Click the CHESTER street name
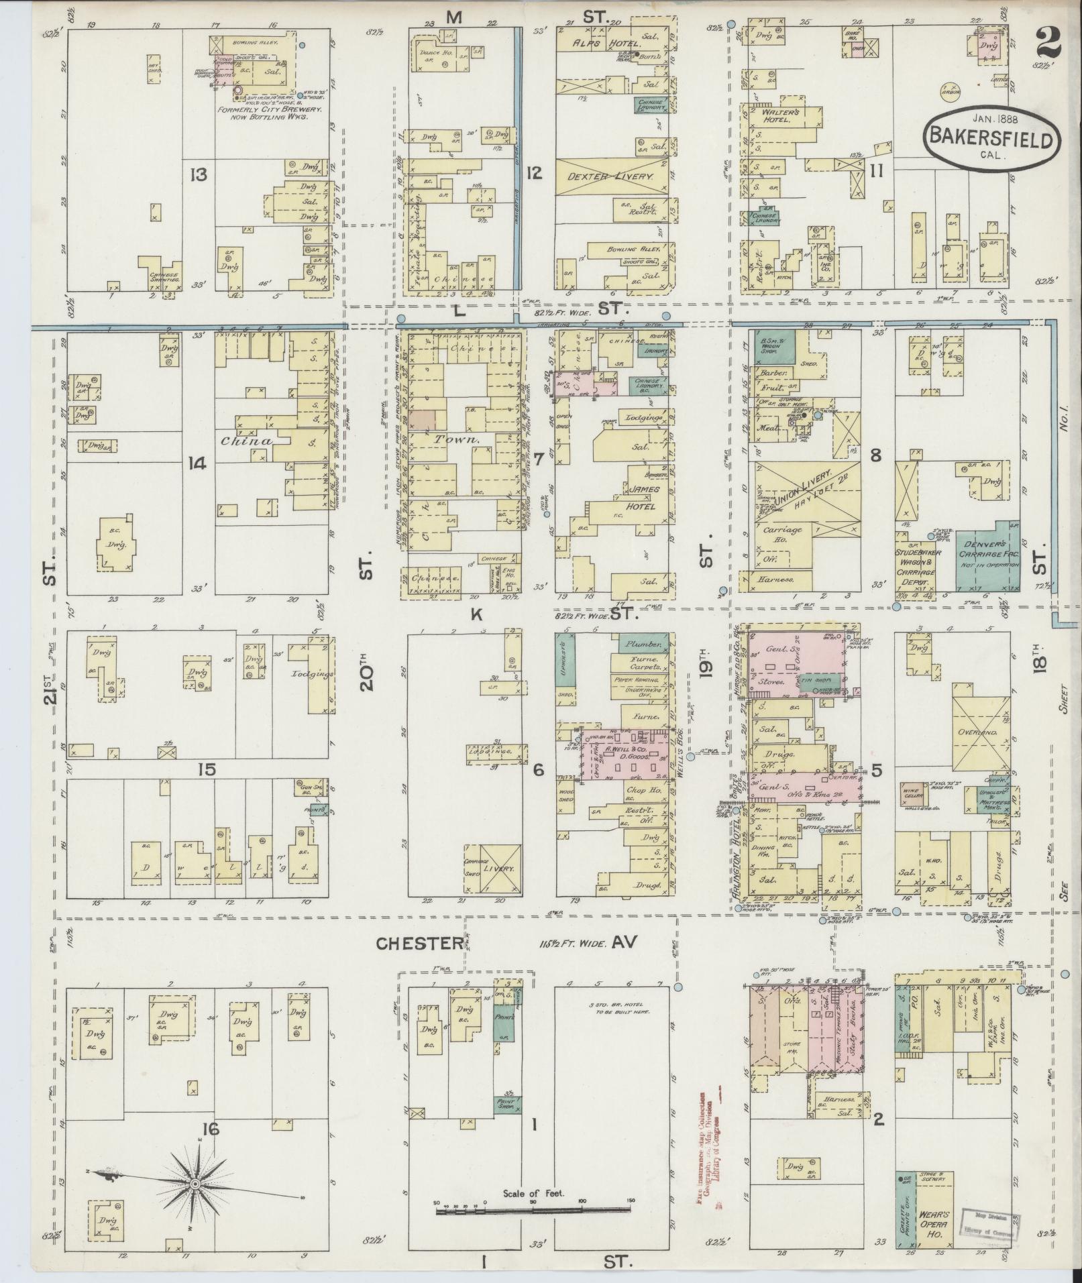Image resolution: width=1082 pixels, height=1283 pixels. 419,944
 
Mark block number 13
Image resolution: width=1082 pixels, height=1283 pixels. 198,176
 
